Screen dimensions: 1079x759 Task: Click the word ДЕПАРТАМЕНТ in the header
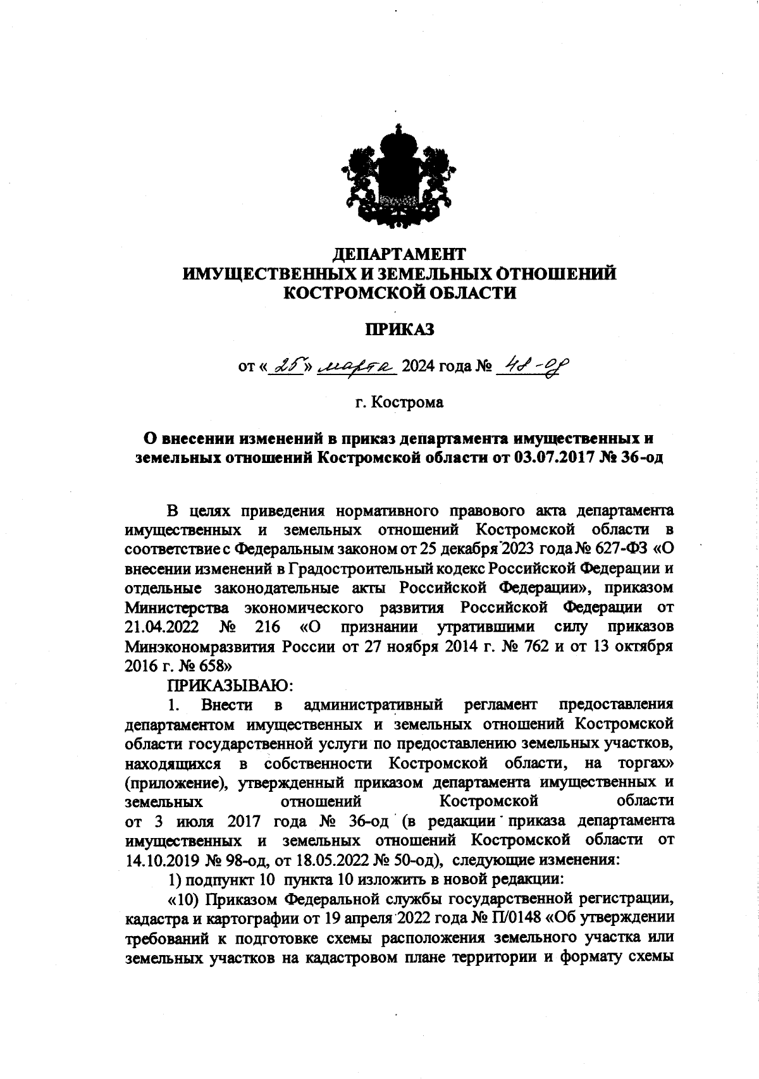click(x=398, y=254)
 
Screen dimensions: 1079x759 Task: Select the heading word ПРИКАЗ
click(x=398, y=329)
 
